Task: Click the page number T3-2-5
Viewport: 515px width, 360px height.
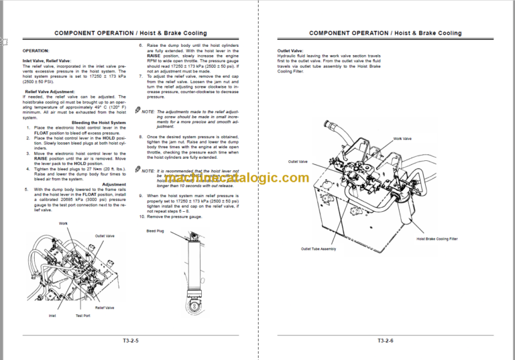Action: point(131,340)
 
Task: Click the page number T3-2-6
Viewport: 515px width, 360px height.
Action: point(385,340)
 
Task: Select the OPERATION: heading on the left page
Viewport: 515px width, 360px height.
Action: point(36,50)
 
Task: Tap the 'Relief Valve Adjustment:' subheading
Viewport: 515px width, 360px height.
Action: point(50,91)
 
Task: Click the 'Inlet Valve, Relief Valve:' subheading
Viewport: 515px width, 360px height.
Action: point(46,61)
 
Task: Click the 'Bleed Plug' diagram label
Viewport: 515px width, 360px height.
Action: point(156,231)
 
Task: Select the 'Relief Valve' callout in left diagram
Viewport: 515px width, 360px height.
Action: point(105,308)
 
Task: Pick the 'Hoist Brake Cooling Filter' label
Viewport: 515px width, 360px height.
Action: point(437,238)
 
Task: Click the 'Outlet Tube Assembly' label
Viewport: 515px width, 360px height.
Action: point(318,249)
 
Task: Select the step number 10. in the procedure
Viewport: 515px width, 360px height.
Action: point(142,217)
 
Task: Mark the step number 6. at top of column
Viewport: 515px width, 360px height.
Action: point(141,46)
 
